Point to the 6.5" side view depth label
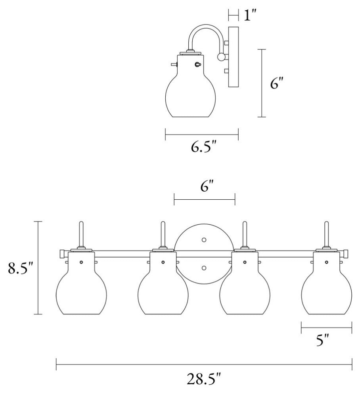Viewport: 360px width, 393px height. pyautogui.click(x=204, y=147)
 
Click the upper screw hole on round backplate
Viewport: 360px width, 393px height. pyautogui.click(x=204, y=240)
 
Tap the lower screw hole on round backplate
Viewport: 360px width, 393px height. pyautogui.click(x=204, y=268)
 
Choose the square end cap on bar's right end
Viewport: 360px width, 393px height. pyautogui.click(x=347, y=253)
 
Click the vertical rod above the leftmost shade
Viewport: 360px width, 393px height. pyautogui.click(x=81, y=234)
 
